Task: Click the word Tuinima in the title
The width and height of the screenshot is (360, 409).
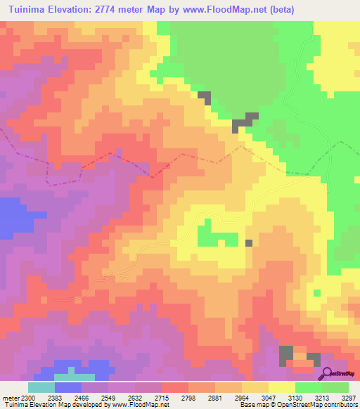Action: (29, 10)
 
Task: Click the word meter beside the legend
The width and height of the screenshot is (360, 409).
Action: (9, 397)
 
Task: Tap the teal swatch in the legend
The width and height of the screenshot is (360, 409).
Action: (41, 387)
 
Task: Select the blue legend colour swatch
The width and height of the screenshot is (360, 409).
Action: (67, 387)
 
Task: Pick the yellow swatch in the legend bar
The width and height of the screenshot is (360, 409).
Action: (282, 387)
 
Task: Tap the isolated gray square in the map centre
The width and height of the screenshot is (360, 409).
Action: (249, 243)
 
